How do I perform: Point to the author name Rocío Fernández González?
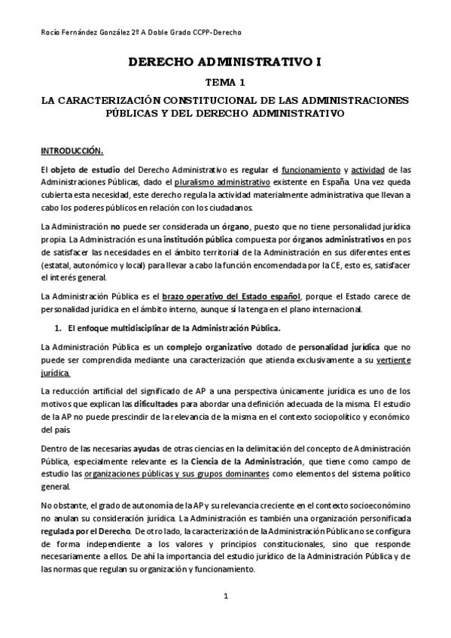point(84,32)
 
